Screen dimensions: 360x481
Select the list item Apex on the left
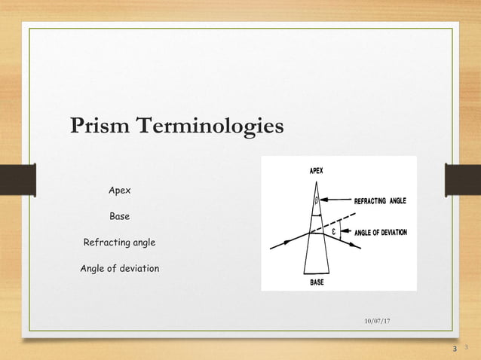119,191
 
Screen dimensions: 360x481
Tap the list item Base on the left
119,217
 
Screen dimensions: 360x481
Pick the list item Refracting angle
119,243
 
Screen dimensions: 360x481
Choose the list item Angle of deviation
119,268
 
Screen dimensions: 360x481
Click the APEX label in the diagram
316,171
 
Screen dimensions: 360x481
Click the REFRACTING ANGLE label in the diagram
381,202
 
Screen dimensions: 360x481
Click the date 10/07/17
377,322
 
